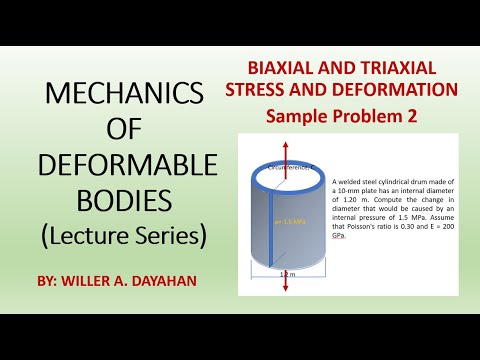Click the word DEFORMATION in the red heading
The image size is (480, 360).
coord(398,90)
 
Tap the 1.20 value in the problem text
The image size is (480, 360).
coord(350,200)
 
